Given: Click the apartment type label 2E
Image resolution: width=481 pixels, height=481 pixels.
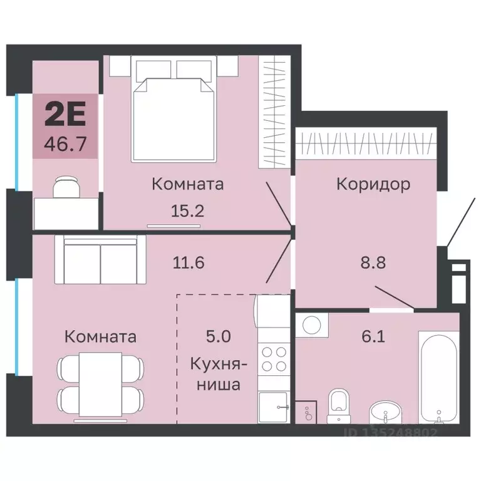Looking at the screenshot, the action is coord(65,115).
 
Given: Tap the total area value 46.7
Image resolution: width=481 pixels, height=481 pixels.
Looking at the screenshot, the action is coord(65,144).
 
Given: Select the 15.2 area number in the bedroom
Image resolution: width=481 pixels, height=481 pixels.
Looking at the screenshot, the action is coord(187,211).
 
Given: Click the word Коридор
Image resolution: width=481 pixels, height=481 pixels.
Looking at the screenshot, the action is coord(373,185).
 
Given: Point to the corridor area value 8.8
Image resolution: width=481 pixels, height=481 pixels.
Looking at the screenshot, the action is coord(373,262).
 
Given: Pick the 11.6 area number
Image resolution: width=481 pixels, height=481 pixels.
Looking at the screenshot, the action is coord(189,263).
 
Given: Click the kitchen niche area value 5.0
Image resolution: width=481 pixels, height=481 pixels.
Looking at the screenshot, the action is coord(219,336).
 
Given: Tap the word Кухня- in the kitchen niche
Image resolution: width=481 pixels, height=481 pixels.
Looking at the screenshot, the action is coord(219,365).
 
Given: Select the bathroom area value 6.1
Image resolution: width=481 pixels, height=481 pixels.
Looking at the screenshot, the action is coord(373,336).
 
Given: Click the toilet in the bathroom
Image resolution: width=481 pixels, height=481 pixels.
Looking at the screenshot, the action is coord(339,406).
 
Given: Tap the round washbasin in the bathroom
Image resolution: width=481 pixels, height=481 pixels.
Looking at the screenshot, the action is coord(385,413).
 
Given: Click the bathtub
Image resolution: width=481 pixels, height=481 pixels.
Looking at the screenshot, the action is coord(439,378).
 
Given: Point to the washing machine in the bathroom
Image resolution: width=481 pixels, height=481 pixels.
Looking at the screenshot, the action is coord(312,324).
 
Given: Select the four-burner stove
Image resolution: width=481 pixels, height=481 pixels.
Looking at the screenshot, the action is coord(274,359).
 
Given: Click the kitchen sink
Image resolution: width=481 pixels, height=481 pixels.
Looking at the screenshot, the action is coord(274,407).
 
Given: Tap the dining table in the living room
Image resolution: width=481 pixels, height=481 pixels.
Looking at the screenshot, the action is coord(101,385).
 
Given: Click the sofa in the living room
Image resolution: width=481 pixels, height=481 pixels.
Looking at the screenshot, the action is coord(100,260).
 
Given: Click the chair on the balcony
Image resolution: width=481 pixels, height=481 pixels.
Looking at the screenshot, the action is coord(66,187).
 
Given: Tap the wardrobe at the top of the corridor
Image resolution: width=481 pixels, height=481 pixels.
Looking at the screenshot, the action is coord(366,143).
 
